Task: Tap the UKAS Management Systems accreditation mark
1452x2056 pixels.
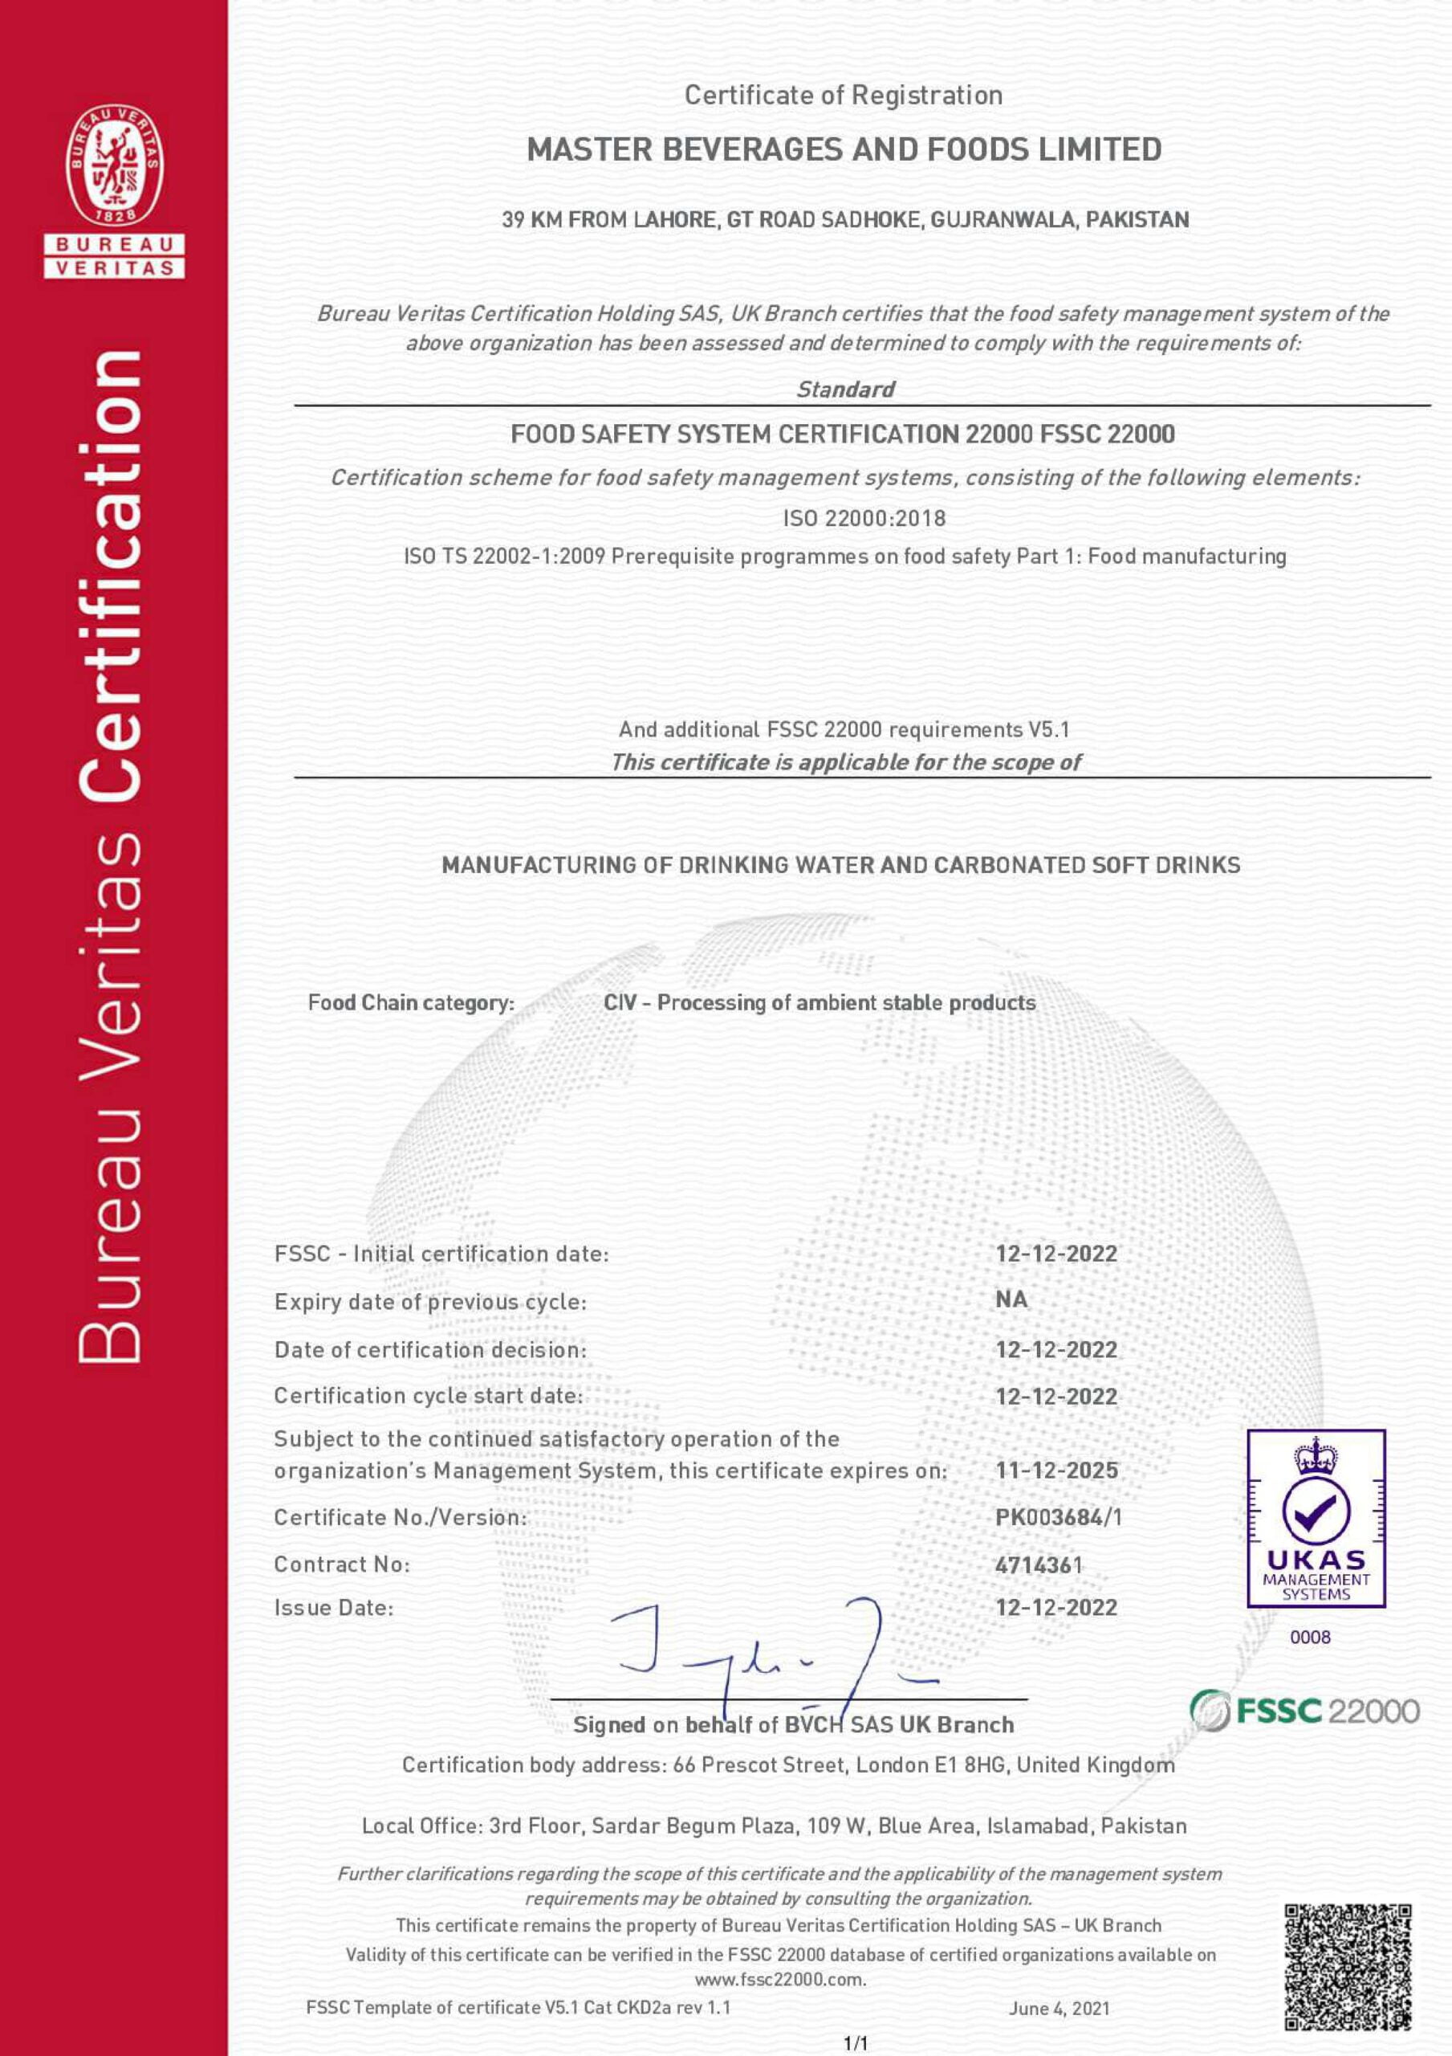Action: [x=1315, y=1517]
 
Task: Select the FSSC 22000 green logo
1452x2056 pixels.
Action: [x=1304, y=1711]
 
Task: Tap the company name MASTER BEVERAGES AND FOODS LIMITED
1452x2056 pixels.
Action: [x=844, y=149]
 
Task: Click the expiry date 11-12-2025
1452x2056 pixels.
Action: [x=1056, y=1470]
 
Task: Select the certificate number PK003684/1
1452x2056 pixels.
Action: [x=1058, y=1517]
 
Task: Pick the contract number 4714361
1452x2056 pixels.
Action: [x=1039, y=1564]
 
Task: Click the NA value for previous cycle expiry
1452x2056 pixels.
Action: [x=1011, y=1299]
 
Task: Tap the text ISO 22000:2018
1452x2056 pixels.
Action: [x=863, y=517]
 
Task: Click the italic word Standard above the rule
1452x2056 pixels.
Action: [x=845, y=390]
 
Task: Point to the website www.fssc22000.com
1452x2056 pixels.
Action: [x=779, y=1978]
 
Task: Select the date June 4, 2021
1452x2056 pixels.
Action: [x=1059, y=2008]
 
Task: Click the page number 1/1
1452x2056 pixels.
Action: [x=856, y=2042]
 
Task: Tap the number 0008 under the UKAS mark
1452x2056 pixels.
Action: [x=1310, y=1637]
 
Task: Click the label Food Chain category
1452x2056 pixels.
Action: [x=411, y=1002]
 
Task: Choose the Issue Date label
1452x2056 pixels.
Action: [x=334, y=1607]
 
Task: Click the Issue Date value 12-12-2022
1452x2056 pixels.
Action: [x=1056, y=1607]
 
